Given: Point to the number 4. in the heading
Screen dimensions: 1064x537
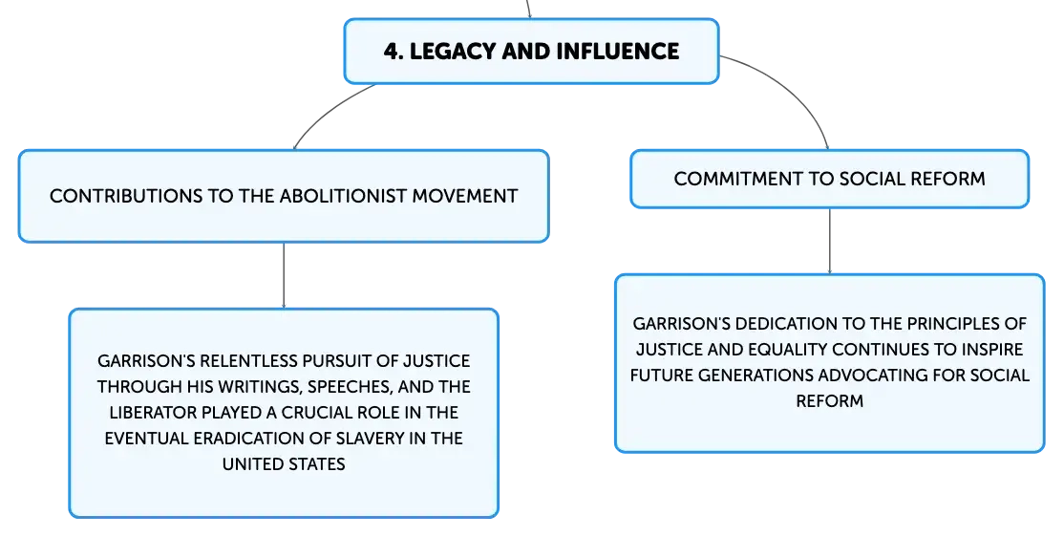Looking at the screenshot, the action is [x=393, y=52].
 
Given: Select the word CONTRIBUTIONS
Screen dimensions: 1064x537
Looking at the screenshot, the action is [x=126, y=196].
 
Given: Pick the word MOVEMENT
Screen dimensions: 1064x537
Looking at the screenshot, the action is [x=465, y=196].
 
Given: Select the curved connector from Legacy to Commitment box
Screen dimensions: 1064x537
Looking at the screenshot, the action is [x=793, y=88].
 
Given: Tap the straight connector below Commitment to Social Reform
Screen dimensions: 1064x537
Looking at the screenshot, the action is [x=829, y=241].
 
